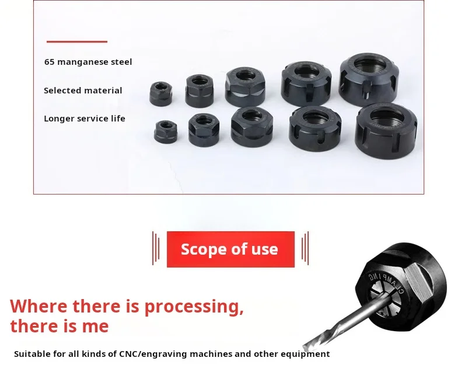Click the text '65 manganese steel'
click(x=88, y=62)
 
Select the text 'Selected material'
click(x=83, y=91)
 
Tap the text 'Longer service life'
click(x=85, y=119)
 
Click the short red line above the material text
click(x=77, y=41)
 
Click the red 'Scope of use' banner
click(x=230, y=249)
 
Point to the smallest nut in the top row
click(x=160, y=93)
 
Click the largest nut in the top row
click(x=369, y=79)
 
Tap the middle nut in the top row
click(x=245, y=86)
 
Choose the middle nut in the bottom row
click(x=252, y=126)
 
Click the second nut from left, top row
click(x=200, y=90)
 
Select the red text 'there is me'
click(x=59, y=325)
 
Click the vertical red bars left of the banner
click(x=156, y=248)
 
